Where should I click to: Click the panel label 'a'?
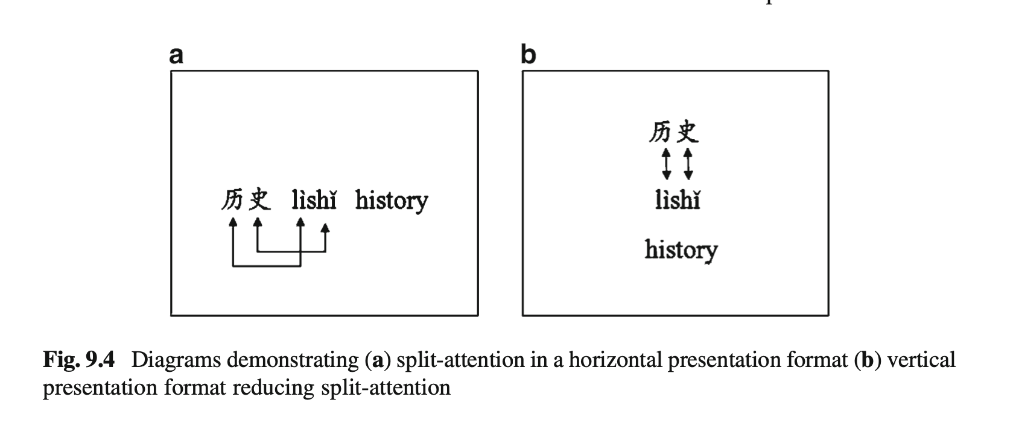[176, 56]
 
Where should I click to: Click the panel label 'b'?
[529, 54]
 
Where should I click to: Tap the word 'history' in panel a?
[392, 201]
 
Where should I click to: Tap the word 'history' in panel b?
[681, 250]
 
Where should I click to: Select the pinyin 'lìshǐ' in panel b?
[678, 200]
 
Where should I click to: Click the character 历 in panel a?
[233, 200]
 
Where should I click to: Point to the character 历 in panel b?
[660, 132]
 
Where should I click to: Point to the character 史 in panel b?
[688, 131]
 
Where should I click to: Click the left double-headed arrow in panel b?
[666, 164]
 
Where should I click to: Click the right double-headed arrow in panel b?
[688, 164]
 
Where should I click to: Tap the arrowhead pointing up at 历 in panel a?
[233, 222]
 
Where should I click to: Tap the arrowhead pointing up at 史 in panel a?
[258, 222]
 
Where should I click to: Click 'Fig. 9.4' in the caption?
[79, 360]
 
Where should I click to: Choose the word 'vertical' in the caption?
[921, 360]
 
